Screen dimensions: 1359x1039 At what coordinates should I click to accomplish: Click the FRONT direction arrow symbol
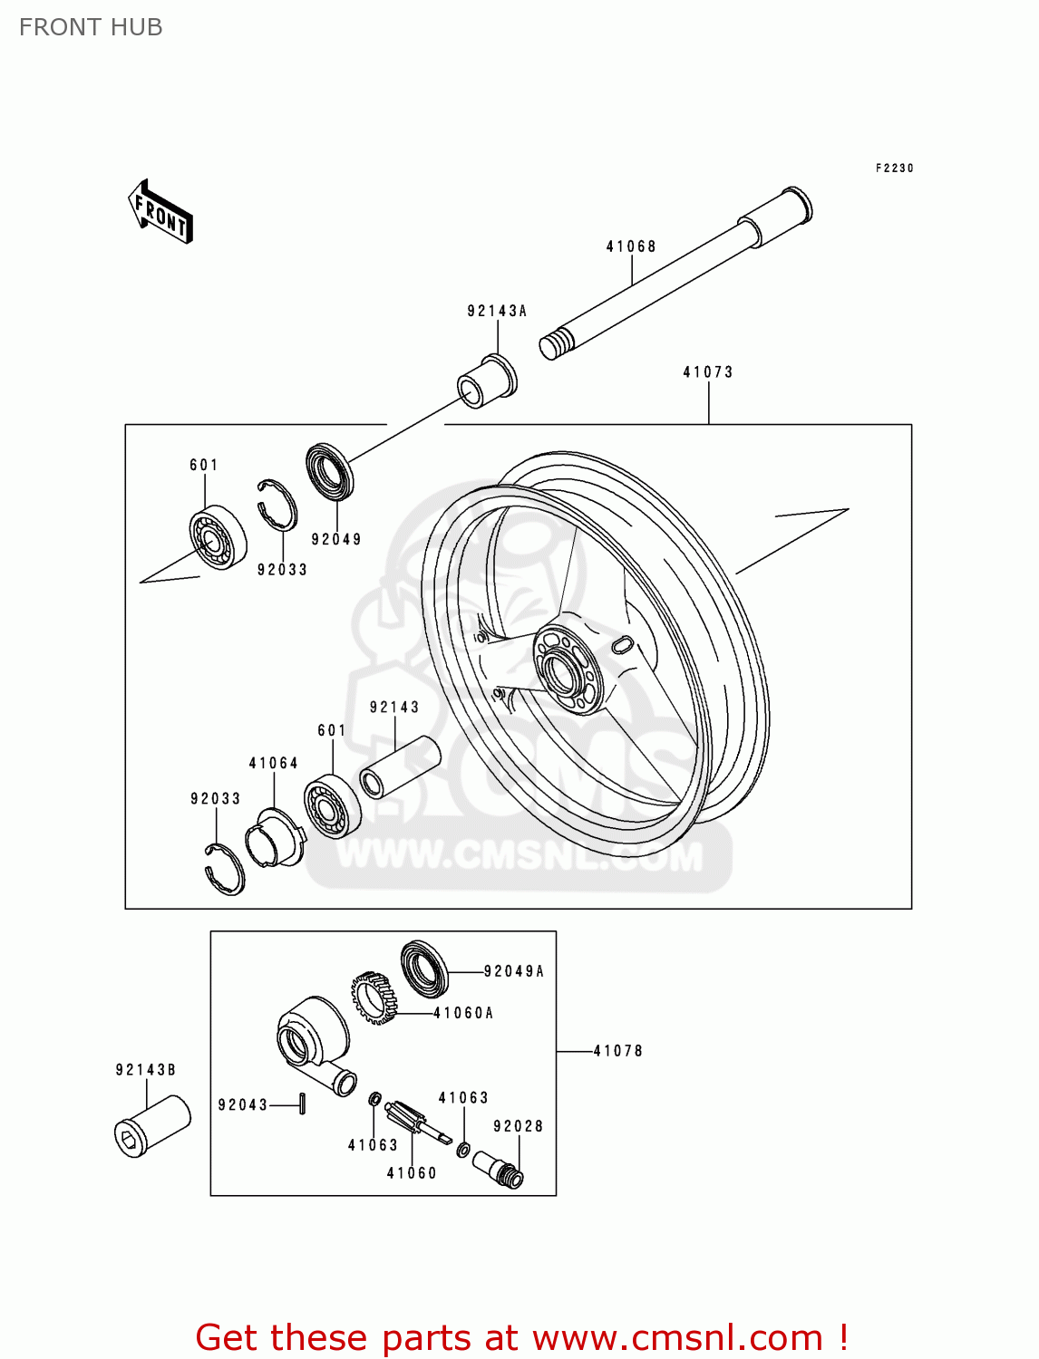coord(160,212)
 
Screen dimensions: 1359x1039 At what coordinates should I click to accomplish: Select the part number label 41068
coord(631,246)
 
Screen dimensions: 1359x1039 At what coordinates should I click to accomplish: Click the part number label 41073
coord(707,372)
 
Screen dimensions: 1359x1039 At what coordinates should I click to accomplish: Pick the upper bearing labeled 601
coord(218,537)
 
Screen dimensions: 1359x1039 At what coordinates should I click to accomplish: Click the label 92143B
coord(145,1070)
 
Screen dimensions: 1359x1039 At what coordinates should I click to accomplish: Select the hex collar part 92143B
coord(151,1126)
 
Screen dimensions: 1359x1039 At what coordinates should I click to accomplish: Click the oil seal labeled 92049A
coord(424,969)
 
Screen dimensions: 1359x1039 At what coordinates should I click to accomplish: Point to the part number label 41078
coord(617,1051)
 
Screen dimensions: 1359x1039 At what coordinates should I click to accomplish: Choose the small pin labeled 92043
coord(302,1104)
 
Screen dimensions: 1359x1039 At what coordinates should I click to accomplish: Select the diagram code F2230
coord(894,169)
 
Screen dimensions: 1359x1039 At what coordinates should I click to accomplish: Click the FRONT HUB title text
coord(91,27)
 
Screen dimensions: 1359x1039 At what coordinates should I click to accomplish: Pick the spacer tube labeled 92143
coord(400,767)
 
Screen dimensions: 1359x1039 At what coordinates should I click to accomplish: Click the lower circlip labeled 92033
coord(224,868)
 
